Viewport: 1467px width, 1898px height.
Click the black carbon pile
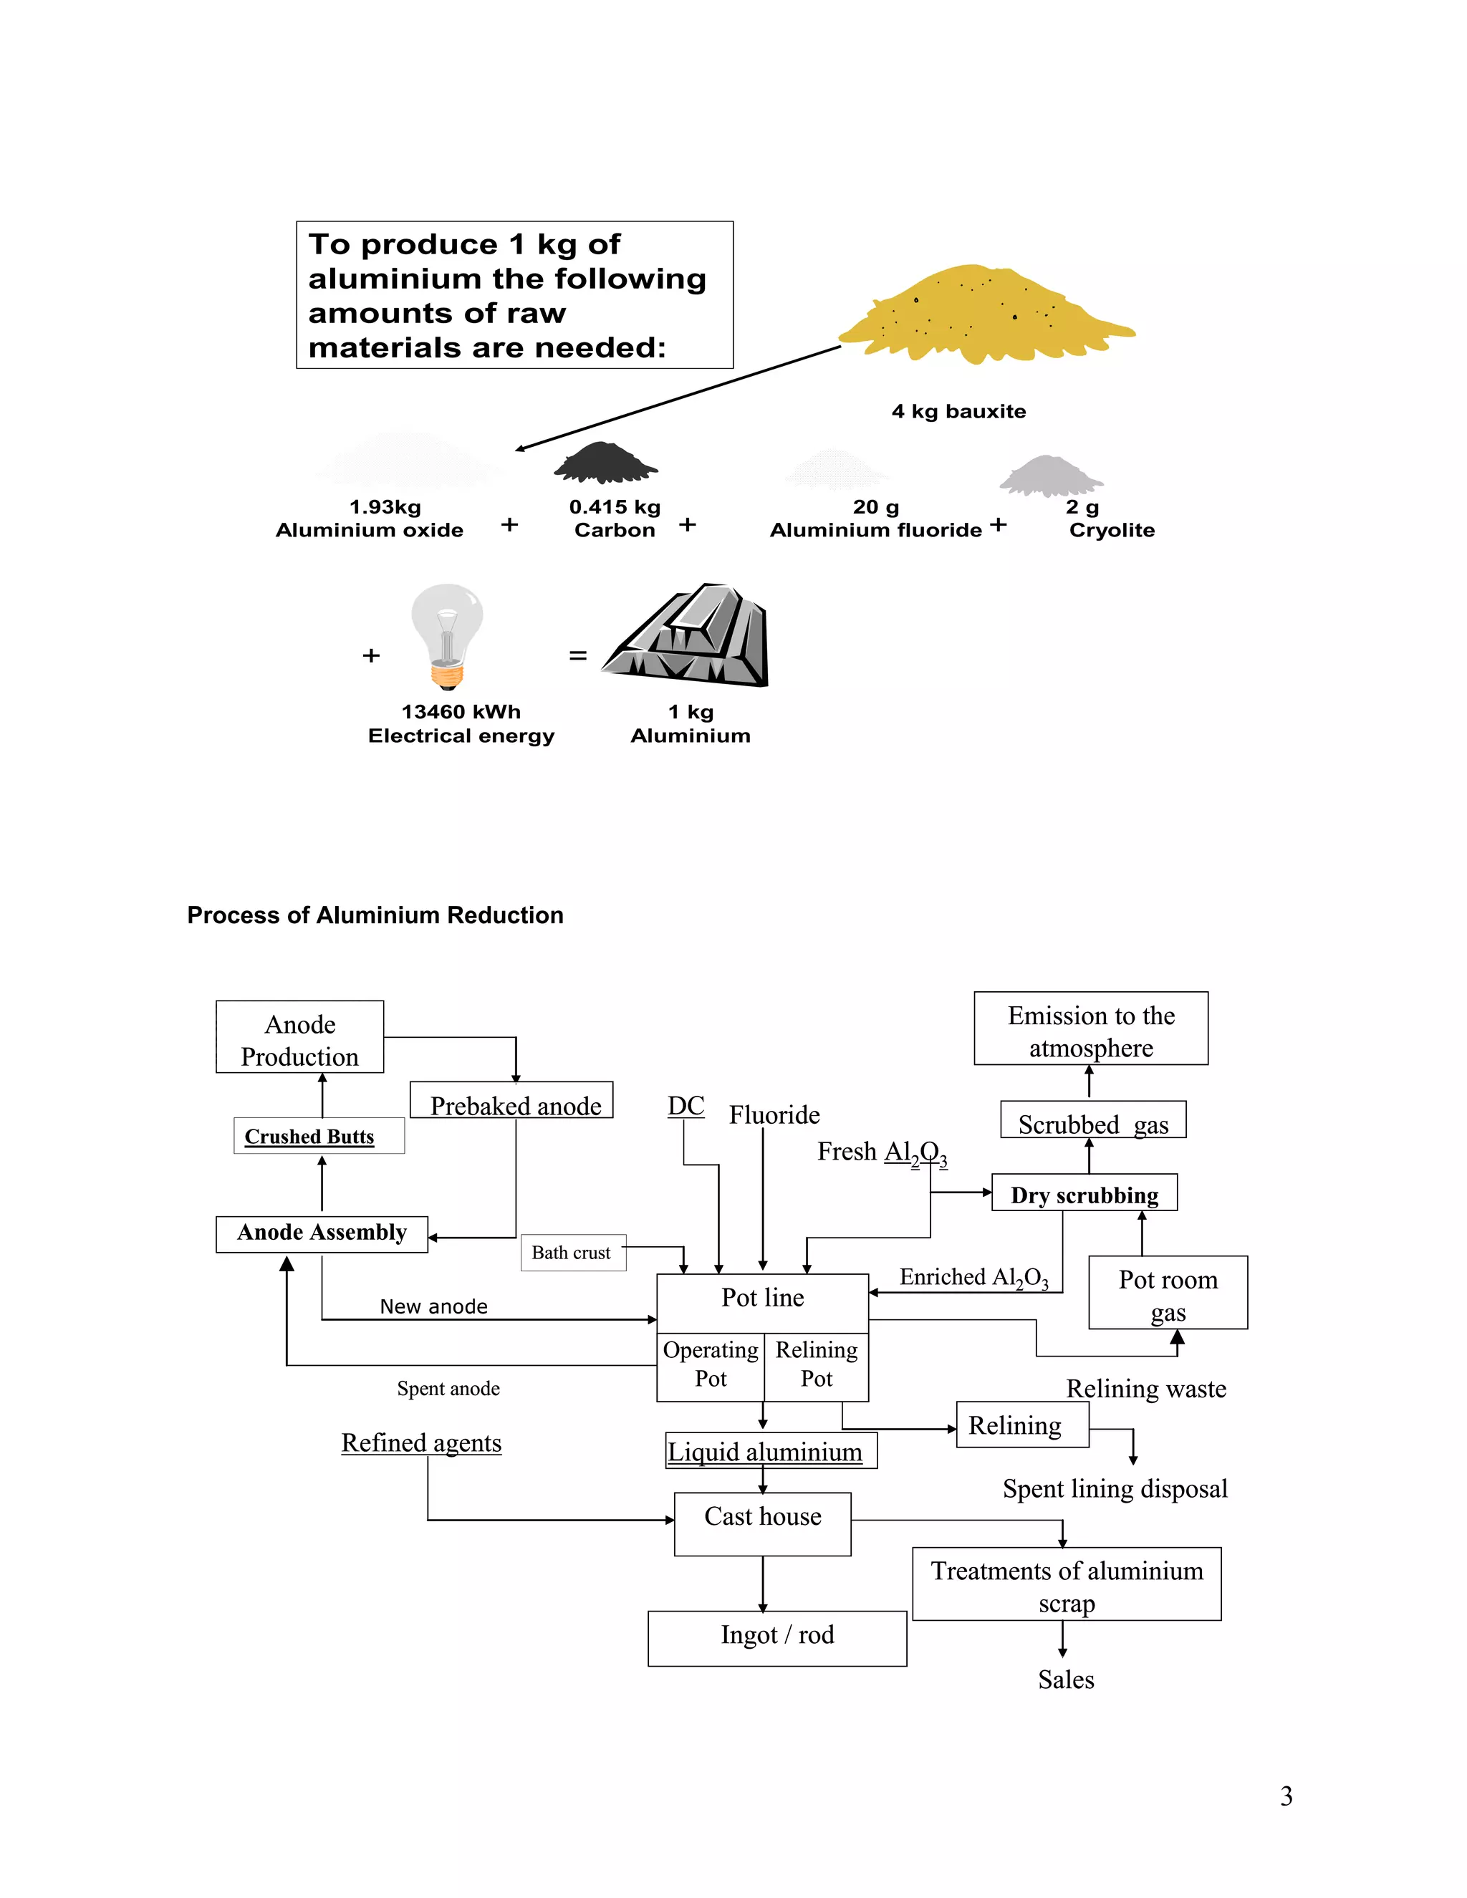point(606,463)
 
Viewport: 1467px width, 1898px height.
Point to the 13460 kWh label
point(461,712)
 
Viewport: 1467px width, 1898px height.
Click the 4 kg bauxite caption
point(958,411)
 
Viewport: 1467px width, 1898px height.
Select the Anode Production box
point(300,1037)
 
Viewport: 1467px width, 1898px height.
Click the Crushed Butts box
point(318,1136)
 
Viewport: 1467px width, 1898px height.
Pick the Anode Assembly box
point(322,1233)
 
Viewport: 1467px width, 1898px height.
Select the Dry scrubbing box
point(1084,1193)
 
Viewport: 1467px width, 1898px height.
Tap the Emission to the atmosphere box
point(1091,1029)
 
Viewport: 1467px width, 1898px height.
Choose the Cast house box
point(762,1523)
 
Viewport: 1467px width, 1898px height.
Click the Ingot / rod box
point(777,1638)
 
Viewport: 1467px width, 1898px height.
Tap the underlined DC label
point(686,1107)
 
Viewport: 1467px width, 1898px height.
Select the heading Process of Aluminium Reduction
point(375,915)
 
